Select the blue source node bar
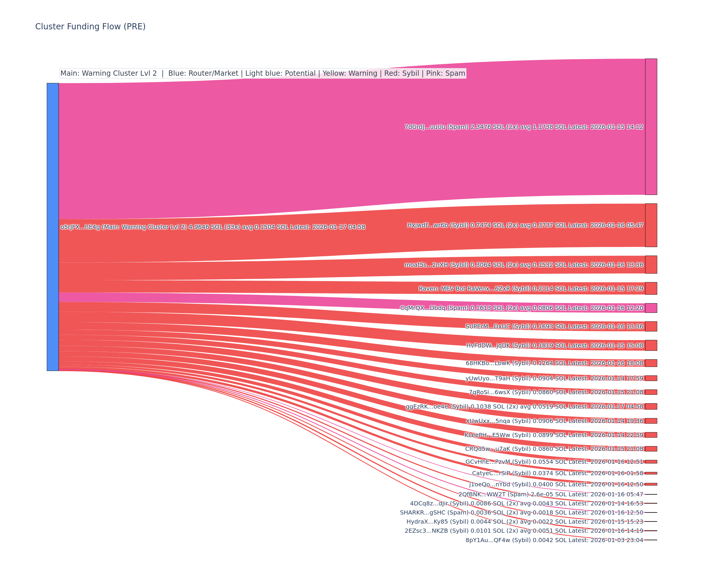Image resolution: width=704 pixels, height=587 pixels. [53, 227]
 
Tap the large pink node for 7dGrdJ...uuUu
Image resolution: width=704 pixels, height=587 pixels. [651, 126]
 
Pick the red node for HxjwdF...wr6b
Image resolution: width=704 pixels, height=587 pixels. [651, 225]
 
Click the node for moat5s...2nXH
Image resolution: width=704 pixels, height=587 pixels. [651, 264]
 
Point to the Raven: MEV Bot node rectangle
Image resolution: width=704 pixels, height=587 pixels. [651, 288]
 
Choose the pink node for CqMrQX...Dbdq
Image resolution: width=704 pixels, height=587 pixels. [651, 308]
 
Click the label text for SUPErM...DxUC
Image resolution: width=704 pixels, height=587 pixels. [554, 326]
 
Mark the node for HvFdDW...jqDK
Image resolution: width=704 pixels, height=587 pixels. [651, 345]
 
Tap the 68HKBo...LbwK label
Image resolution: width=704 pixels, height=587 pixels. [554, 363]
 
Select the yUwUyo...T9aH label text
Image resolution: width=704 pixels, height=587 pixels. [554, 378]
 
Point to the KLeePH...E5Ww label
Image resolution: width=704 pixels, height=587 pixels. [554, 435]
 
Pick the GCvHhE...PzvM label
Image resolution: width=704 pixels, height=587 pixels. [554, 462]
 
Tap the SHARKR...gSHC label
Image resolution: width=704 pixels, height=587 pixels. [521, 512]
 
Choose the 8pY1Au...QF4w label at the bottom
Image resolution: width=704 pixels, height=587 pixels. [554, 540]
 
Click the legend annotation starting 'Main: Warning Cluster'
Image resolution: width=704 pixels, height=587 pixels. [263, 73]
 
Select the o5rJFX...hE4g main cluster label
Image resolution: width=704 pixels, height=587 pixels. [213, 227]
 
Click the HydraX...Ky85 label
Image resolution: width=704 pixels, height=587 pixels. [525, 521]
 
